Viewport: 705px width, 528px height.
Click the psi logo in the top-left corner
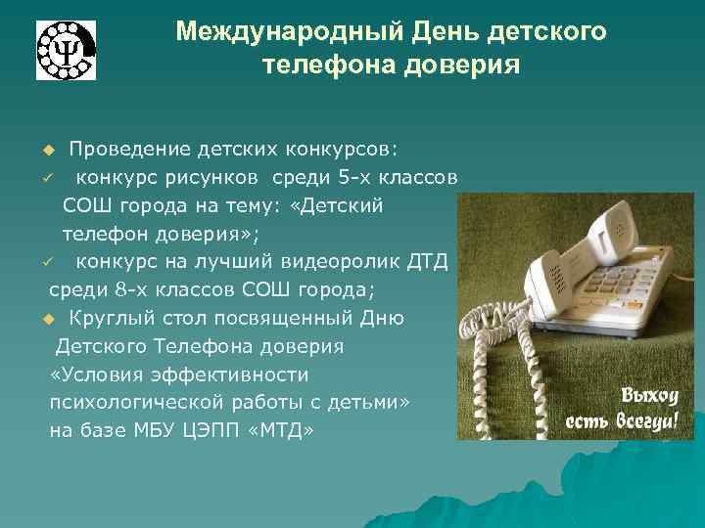coord(67,49)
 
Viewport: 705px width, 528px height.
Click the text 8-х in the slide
coord(146,291)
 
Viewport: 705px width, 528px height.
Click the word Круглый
coord(111,319)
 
